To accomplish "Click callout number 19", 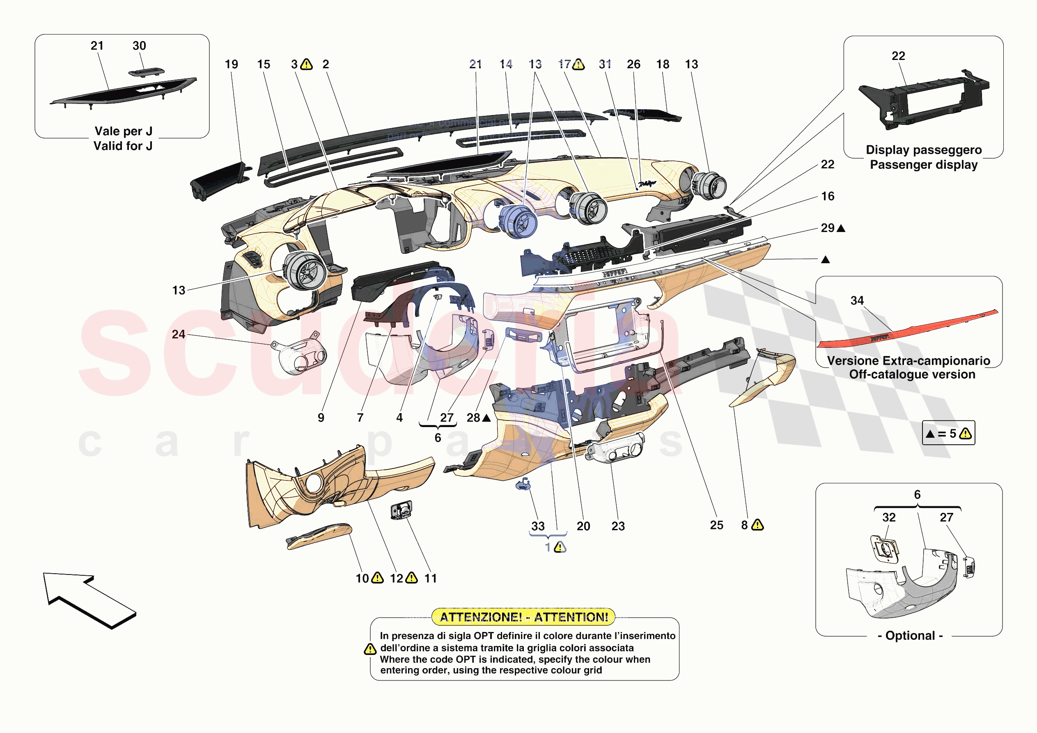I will click(231, 64).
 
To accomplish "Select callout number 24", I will click(179, 334).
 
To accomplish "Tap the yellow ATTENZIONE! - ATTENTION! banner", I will click(523, 616).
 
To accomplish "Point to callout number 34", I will click(857, 301).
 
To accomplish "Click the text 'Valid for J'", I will click(123, 146).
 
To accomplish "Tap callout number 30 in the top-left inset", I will click(139, 46).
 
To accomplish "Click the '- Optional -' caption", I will click(910, 635).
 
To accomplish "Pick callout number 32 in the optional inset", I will click(888, 517).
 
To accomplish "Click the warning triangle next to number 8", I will click(757, 525).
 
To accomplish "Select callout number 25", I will click(716, 525).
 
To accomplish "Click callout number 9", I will click(321, 418).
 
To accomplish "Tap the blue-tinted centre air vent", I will click(518, 221).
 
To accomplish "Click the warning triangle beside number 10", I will click(377, 578).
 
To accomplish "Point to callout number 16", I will click(828, 196).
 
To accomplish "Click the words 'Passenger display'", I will click(924, 165).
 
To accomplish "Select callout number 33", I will click(537, 526).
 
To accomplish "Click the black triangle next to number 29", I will click(841, 228).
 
